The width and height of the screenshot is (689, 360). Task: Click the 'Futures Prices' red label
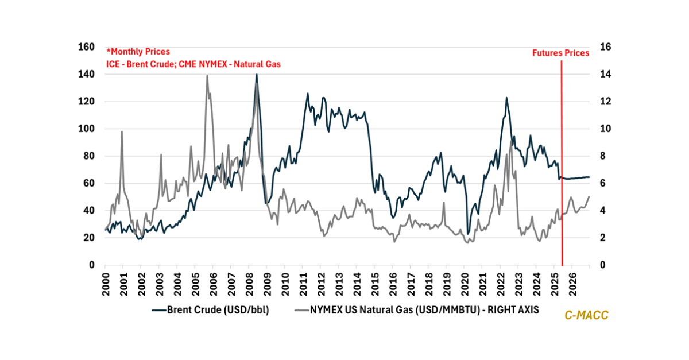(560, 53)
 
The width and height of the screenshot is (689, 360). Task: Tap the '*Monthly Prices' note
(138, 52)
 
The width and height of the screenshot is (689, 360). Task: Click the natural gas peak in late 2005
(207, 76)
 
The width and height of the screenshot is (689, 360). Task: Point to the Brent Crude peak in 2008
(257, 75)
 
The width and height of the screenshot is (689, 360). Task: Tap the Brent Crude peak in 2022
(506, 98)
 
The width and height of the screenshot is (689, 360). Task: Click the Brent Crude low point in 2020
(468, 234)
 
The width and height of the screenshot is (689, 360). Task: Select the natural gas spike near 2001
(122, 132)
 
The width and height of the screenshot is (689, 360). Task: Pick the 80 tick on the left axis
(89, 156)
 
